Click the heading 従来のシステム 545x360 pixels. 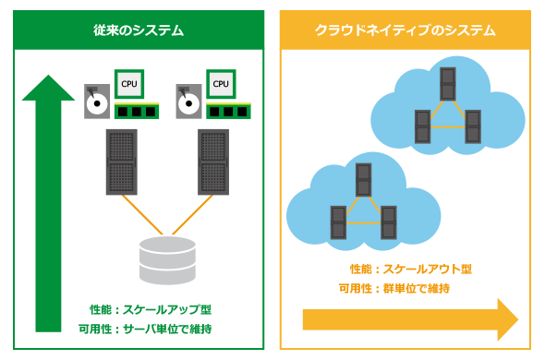pos(139,30)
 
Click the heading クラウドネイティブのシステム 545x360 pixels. pos(405,30)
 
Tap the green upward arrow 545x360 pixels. pos(48,203)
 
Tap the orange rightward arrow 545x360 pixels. pos(410,319)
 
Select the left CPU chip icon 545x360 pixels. pos(129,84)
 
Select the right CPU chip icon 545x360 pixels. pos(221,84)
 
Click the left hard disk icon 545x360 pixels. pos(97,102)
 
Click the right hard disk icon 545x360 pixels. pos(188,102)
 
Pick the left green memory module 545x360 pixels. pos(137,111)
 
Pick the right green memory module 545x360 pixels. pos(228,111)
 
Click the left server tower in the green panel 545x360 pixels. pos(122,162)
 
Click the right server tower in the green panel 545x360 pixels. pos(213,162)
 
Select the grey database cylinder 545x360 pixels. pos(167,260)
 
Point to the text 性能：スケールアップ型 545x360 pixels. pos(151,309)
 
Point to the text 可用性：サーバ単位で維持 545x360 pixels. pos(145,329)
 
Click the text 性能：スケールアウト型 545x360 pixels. pos(411,269)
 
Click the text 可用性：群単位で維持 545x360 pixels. pos(394,288)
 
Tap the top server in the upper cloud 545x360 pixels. pos(448,84)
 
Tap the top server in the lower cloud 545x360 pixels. pos(364,180)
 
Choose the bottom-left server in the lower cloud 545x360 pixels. pos(338,222)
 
